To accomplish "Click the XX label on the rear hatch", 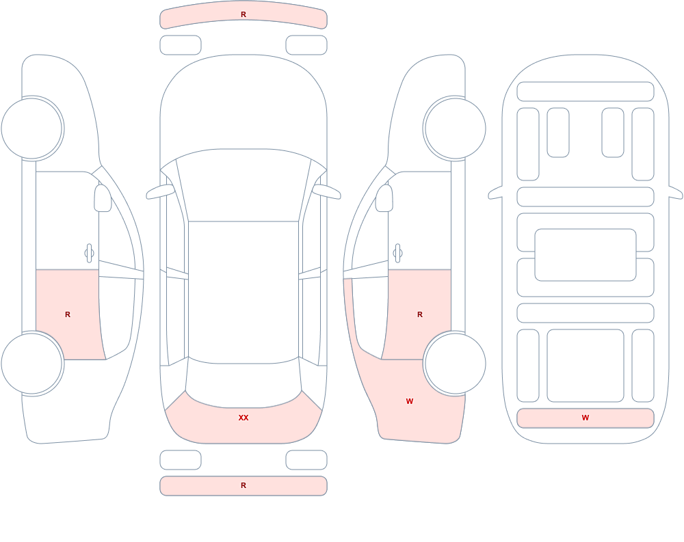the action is click(x=244, y=418).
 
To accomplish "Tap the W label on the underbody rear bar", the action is click(x=586, y=418).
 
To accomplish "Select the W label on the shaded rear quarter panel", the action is click(x=410, y=401).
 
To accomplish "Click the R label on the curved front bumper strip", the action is click(x=244, y=14).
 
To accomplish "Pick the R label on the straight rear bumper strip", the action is click(x=244, y=485).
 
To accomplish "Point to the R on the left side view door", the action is click(x=68, y=314).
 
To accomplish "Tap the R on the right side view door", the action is click(x=420, y=314).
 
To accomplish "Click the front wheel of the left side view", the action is click(x=32, y=128).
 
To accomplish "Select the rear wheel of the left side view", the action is click(x=32, y=363).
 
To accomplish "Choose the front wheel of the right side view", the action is click(x=455, y=128).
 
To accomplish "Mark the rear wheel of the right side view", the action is click(x=455, y=363).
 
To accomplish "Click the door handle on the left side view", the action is click(x=90, y=254).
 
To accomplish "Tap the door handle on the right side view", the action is click(x=397, y=254).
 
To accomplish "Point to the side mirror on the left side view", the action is click(x=103, y=198).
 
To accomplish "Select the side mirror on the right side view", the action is click(x=384, y=198).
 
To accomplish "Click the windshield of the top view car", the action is click(x=244, y=185).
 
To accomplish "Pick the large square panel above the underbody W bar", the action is click(x=586, y=366).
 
